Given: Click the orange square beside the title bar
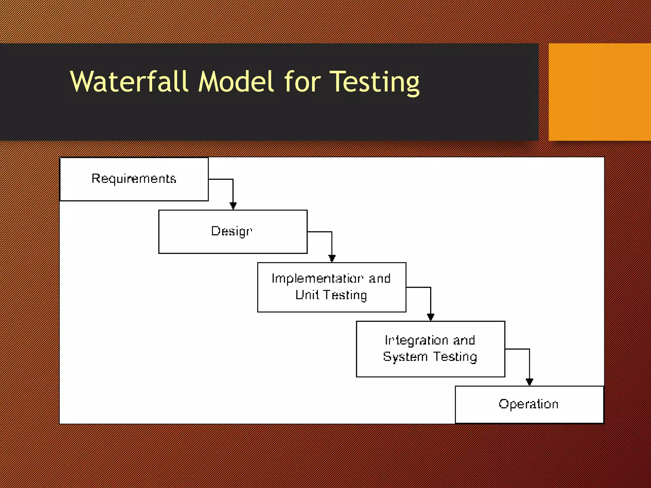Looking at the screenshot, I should (x=600, y=92).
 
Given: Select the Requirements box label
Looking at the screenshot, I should (x=134, y=179).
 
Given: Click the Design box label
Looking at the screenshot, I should (x=232, y=231).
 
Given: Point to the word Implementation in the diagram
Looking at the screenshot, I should (x=317, y=279).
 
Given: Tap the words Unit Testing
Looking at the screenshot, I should (x=331, y=295).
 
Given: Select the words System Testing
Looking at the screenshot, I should (x=430, y=357).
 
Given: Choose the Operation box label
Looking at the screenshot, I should (x=529, y=404).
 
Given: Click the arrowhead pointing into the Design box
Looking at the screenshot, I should (x=233, y=206).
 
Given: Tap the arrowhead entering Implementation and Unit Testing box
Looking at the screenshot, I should (x=332, y=258).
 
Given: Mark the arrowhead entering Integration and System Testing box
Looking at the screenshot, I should (x=431, y=317).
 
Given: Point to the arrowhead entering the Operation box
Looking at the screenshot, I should (x=529, y=382).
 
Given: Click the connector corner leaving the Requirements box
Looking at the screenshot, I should (x=233, y=180).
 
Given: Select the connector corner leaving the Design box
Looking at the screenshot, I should (x=332, y=232).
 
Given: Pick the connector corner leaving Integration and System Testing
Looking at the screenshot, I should (x=529, y=349).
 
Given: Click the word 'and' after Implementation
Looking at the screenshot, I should (x=380, y=279).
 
